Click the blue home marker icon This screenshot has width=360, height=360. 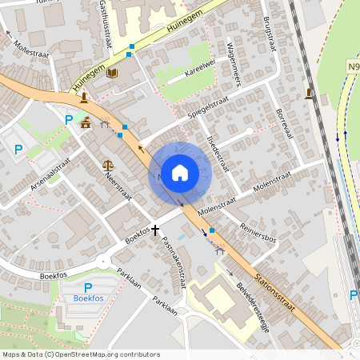(179, 172)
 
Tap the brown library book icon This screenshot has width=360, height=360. (112, 73)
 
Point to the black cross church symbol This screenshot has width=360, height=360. (155, 230)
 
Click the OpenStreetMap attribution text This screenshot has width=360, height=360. (80, 354)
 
